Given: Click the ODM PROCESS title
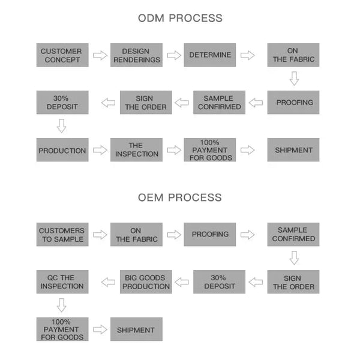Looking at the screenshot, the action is [180, 18].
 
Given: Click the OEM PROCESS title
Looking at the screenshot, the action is [180, 197].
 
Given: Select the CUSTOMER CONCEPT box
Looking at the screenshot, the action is [62, 55].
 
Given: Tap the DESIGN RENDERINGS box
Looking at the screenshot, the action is [136, 55].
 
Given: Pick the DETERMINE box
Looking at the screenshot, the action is [210, 55].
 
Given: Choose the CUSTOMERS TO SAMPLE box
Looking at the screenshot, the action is [62, 235].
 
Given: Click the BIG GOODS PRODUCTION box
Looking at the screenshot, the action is [146, 282].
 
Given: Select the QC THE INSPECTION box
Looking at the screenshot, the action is [62, 282].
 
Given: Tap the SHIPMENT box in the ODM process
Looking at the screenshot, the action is [293, 149].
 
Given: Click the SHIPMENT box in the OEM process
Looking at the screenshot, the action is [136, 329].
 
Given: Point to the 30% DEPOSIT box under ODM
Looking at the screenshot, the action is [62, 103].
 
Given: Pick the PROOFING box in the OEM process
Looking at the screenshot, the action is [210, 235].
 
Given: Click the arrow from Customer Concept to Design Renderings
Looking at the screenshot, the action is [100, 55].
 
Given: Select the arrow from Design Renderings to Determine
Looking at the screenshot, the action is [174, 55].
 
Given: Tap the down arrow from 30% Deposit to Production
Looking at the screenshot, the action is [62, 126].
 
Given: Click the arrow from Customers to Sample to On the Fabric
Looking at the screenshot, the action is [100, 235].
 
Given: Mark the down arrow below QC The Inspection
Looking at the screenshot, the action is [62, 305].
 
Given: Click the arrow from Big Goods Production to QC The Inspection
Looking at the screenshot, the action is [108, 282].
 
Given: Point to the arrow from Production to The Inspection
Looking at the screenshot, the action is [100, 150].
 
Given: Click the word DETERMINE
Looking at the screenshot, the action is [210, 55].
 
